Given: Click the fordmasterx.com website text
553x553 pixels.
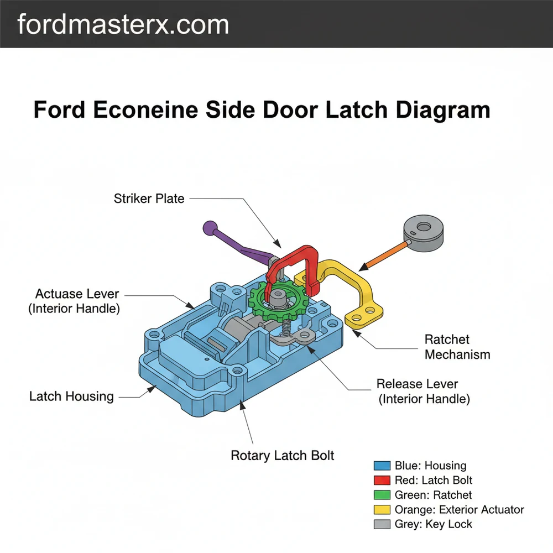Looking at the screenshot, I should [123, 24].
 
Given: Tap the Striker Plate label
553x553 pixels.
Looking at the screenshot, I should [149, 199].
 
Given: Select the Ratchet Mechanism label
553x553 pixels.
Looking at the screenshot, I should [457, 347].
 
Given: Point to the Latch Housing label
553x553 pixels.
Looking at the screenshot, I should [71, 397].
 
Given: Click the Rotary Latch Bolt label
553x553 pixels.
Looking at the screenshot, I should [282, 456].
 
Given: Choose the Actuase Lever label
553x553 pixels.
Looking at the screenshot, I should [77, 294].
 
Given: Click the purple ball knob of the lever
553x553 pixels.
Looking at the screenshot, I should [210, 227].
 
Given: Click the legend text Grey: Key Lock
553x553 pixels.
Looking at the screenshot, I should [433, 524].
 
